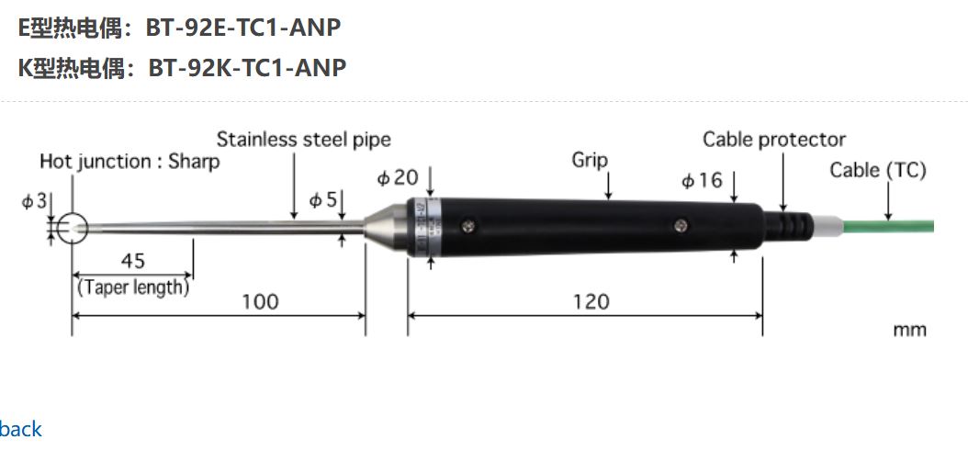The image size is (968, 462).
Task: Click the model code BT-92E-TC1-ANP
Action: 243,28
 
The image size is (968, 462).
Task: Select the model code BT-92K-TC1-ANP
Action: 247,68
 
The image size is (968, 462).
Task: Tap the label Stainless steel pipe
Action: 303,140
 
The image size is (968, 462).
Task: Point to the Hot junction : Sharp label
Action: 129,163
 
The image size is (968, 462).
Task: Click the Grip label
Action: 590,160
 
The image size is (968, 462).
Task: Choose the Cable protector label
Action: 773,140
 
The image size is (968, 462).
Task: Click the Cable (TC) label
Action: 877,170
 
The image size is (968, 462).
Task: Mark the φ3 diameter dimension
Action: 34,201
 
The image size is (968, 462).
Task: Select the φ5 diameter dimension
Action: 322,199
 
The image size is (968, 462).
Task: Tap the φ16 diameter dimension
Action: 702,180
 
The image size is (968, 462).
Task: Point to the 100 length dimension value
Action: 260,301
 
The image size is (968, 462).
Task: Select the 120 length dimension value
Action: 591,301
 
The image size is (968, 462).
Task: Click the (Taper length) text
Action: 134,287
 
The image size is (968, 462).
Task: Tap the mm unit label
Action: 909,330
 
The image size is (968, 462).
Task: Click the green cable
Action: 891,225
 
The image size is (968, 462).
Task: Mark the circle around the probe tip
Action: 72,227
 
